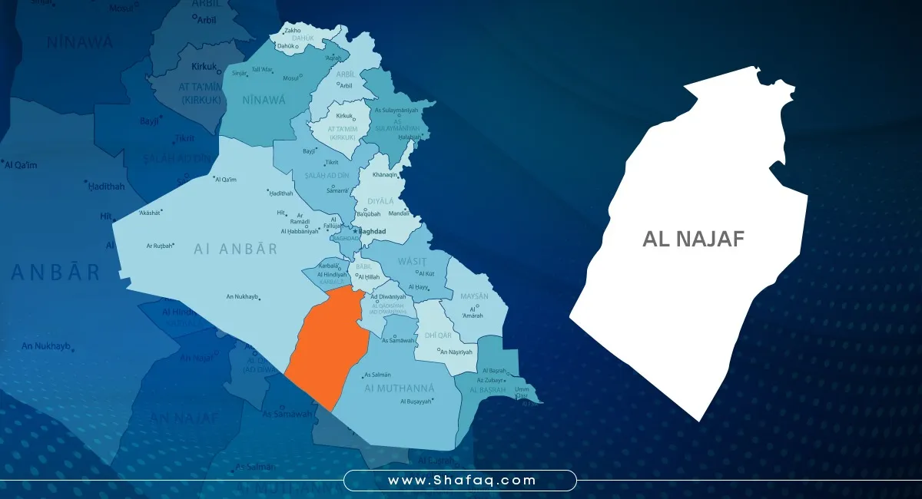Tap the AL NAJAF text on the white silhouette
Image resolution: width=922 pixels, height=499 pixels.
click(x=693, y=240)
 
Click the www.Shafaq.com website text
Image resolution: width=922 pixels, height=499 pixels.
click(x=460, y=481)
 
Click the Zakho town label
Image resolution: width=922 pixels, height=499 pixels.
click(x=292, y=31)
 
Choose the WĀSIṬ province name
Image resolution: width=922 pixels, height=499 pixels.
click(x=412, y=262)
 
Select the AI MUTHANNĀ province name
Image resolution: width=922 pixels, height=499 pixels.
click(x=400, y=388)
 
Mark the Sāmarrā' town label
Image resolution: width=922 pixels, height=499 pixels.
click(x=337, y=190)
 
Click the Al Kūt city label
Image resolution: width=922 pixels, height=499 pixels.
click(x=426, y=273)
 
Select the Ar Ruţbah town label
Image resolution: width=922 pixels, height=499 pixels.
click(x=160, y=246)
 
